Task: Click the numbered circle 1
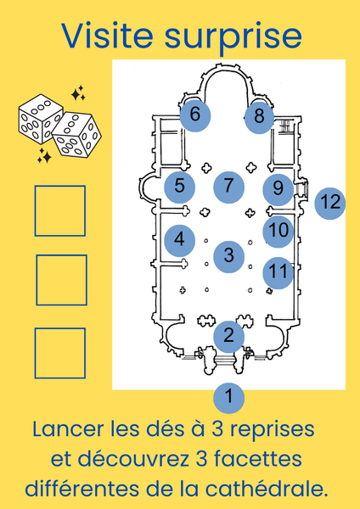pos(228,398)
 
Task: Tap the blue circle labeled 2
pos(228,337)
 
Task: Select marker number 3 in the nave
pos(228,257)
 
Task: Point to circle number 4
pos(180,241)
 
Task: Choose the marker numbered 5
pos(180,187)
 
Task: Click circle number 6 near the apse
pos(195,116)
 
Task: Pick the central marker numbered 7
pos(228,187)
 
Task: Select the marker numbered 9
pos(278,189)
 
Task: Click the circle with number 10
pos(278,232)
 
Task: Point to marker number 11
pos(278,273)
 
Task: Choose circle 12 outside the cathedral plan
pos(330,204)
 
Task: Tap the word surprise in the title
pos(233,39)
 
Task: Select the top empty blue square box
pos(60,210)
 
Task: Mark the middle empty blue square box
pos(61,280)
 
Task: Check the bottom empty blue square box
pos(60,353)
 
